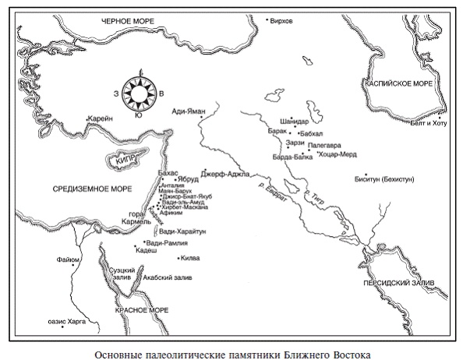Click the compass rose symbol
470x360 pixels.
[x=139, y=94]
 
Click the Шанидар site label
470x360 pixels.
[x=294, y=122]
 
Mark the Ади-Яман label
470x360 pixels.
[x=188, y=112]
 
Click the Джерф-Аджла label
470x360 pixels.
[x=224, y=173]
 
